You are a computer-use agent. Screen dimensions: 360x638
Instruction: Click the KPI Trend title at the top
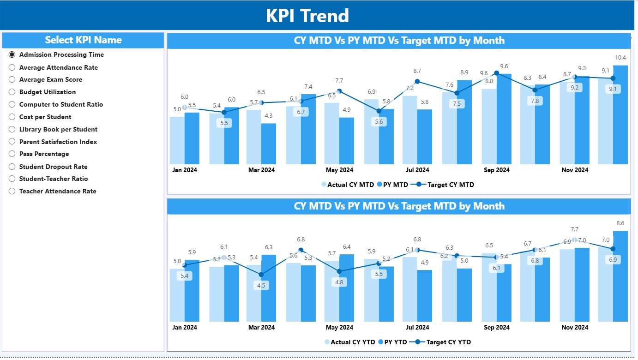click(x=307, y=16)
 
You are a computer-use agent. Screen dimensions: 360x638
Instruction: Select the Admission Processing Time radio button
click(x=12, y=54)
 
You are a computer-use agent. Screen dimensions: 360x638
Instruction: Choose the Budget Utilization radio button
click(x=12, y=92)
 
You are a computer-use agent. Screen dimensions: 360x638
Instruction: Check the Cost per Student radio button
click(x=12, y=117)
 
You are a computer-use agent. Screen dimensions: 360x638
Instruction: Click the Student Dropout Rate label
click(x=53, y=167)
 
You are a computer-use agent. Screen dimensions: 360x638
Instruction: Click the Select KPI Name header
click(x=83, y=40)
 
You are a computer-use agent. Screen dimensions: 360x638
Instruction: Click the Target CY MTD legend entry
click(x=445, y=185)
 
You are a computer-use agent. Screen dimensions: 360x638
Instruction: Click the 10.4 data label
click(x=620, y=58)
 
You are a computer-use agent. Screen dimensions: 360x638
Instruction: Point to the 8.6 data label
click(x=620, y=223)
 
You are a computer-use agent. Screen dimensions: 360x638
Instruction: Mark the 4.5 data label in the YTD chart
click(x=261, y=285)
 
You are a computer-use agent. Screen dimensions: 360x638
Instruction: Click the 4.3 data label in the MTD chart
click(x=268, y=115)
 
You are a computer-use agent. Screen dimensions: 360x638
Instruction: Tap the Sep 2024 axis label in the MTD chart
click(x=497, y=170)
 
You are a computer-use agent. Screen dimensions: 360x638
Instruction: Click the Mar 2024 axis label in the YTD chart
click(x=261, y=327)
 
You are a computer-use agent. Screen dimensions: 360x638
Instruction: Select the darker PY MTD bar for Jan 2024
click(x=192, y=138)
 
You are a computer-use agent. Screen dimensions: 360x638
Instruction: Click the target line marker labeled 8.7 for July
click(x=417, y=81)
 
